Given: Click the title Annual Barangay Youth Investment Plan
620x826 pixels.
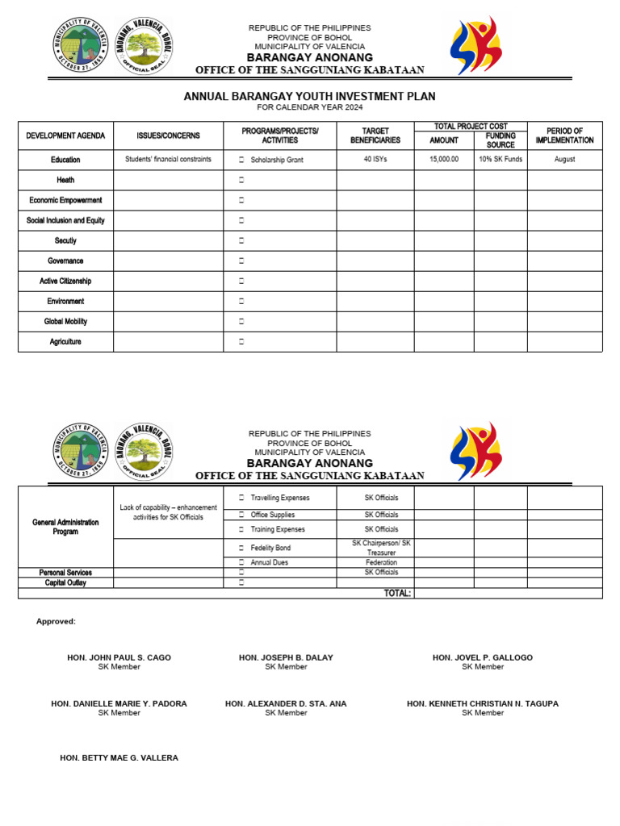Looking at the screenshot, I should tap(309, 96).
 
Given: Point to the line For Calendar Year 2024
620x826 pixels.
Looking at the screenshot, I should tap(309, 107).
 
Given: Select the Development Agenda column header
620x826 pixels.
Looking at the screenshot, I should tap(65, 136).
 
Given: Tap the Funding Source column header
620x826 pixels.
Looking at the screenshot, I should tap(501, 140).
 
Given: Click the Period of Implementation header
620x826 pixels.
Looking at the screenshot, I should tap(564, 136).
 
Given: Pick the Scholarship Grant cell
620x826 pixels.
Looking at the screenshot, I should tap(277, 160).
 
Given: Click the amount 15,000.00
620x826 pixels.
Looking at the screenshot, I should tap(444, 160).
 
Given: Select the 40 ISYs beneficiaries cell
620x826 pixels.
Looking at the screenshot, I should tap(375, 160).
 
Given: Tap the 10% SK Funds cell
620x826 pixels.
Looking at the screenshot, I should tap(501, 160).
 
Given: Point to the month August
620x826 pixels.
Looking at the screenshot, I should tap(564, 160).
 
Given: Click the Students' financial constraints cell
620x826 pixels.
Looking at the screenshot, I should tap(168, 160).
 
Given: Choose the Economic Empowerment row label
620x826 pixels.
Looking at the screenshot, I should tap(65, 200).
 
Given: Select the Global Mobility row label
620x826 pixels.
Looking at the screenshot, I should tap(65, 322).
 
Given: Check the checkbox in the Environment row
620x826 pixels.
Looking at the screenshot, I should tap(241, 302).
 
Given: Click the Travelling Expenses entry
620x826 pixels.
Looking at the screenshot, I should tap(279, 498).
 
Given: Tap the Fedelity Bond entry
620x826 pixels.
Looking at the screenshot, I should tap(270, 548).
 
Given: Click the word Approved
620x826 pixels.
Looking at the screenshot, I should tap(56, 621).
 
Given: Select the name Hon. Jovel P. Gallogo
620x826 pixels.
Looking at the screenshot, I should tap(482, 657).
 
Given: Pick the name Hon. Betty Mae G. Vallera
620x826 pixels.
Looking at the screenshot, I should tap(119, 758).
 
